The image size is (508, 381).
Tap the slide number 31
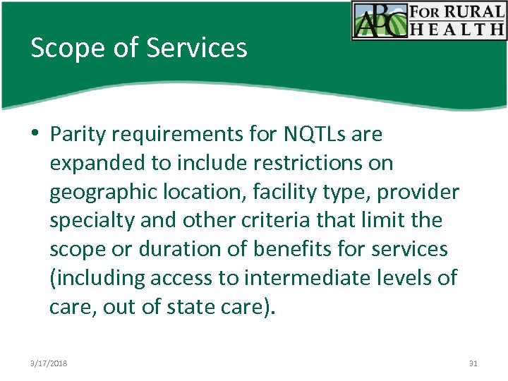(x=473, y=363)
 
